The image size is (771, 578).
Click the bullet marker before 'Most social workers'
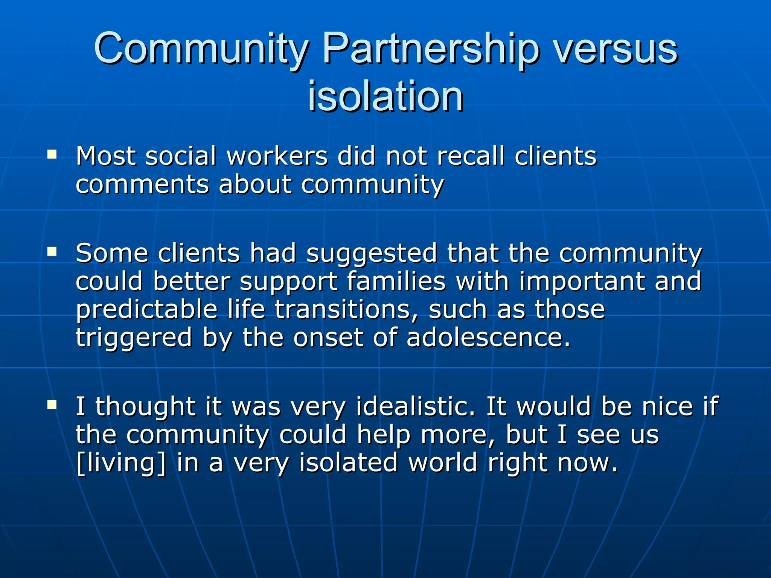click(52, 154)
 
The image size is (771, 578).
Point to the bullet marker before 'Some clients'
click(52, 251)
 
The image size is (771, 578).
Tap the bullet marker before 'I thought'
click(52, 405)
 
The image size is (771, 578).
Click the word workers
click(277, 156)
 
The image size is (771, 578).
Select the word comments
click(142, 184)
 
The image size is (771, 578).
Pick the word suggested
click(372, 253)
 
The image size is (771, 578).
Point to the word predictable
click(147, 309)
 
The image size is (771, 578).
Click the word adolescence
click(488, 338)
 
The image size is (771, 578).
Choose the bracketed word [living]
click(120, 463)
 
